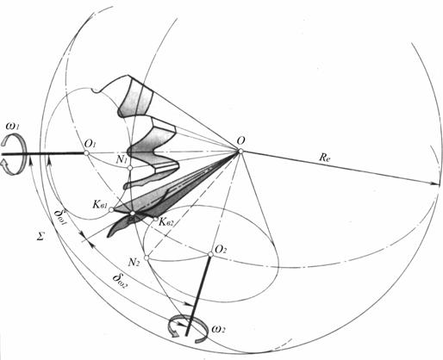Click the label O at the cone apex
point(241,141)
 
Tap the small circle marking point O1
point(86,153)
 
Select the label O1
point(90,143)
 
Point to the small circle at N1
point(130,168)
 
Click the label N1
point(122,159)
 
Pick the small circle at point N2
point(147,258)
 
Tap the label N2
point(134,262)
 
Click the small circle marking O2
point(210,254)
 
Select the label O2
point(221,249)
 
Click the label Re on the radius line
point(324,158)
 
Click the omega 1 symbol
point(14,127)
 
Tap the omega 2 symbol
point(218,329)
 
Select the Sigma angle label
point(41,237)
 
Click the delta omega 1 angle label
point(61,218)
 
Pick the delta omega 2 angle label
point(120,282)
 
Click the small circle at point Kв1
point(111,209)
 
